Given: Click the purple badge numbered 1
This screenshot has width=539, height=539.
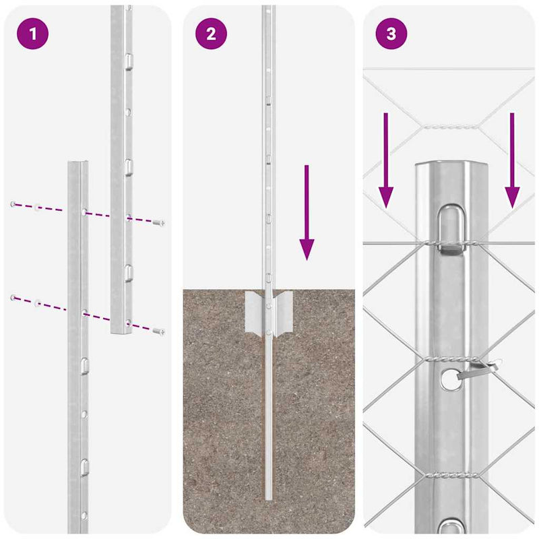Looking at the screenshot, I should [32, 34].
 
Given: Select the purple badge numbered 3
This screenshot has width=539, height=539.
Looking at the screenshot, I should [391, 34].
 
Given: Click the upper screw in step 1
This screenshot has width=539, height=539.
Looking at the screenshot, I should [159, 222].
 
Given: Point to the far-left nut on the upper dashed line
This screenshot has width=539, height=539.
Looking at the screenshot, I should [13, 203].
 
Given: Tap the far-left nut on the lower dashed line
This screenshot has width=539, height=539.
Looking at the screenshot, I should [13, 297].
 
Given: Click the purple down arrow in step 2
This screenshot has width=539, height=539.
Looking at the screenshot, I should [307, 212].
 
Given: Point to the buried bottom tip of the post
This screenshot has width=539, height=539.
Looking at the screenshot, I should [269, 495].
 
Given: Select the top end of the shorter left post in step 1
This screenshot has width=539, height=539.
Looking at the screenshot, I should [77, 165].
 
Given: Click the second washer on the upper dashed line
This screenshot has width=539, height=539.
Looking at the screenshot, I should [38, 207].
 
